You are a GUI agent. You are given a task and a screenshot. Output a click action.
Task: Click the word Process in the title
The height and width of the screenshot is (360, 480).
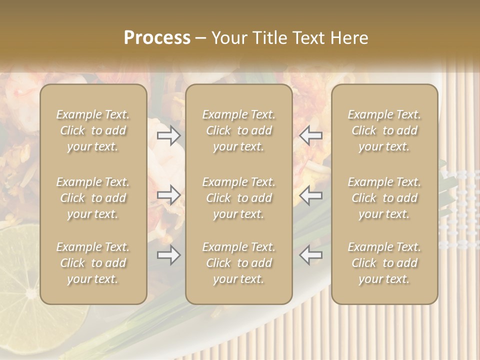click(157, 38)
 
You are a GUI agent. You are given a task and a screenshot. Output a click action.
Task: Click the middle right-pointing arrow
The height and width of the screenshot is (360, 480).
click(169, 195)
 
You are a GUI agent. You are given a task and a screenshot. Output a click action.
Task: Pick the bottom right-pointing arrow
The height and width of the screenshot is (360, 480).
click(169, 255)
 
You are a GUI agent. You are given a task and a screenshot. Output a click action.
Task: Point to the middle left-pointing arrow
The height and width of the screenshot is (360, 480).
click(311, 195)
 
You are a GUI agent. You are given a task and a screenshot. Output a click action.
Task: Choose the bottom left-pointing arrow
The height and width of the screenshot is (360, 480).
click(311, 255)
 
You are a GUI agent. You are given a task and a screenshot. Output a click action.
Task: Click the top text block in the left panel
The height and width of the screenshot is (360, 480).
click(93, 130)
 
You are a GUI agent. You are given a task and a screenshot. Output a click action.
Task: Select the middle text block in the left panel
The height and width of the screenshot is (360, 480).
click(93, 198)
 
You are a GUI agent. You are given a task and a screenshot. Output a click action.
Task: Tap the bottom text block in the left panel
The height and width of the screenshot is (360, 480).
click(93, 263)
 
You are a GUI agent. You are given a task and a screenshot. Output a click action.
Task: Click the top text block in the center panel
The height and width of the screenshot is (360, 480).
click(239, 130)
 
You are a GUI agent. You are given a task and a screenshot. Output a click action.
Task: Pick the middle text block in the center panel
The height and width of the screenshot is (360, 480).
click(239, 198)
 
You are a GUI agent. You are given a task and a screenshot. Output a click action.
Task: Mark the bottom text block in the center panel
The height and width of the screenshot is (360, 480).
click(239, 263)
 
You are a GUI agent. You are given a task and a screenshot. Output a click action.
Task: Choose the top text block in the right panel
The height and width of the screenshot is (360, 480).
click(384, 130)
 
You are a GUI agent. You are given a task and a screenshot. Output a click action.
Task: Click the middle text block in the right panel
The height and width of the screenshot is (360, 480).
click(384, 198)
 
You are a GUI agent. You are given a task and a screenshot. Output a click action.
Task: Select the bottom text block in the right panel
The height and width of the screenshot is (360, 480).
click(384, 263)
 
